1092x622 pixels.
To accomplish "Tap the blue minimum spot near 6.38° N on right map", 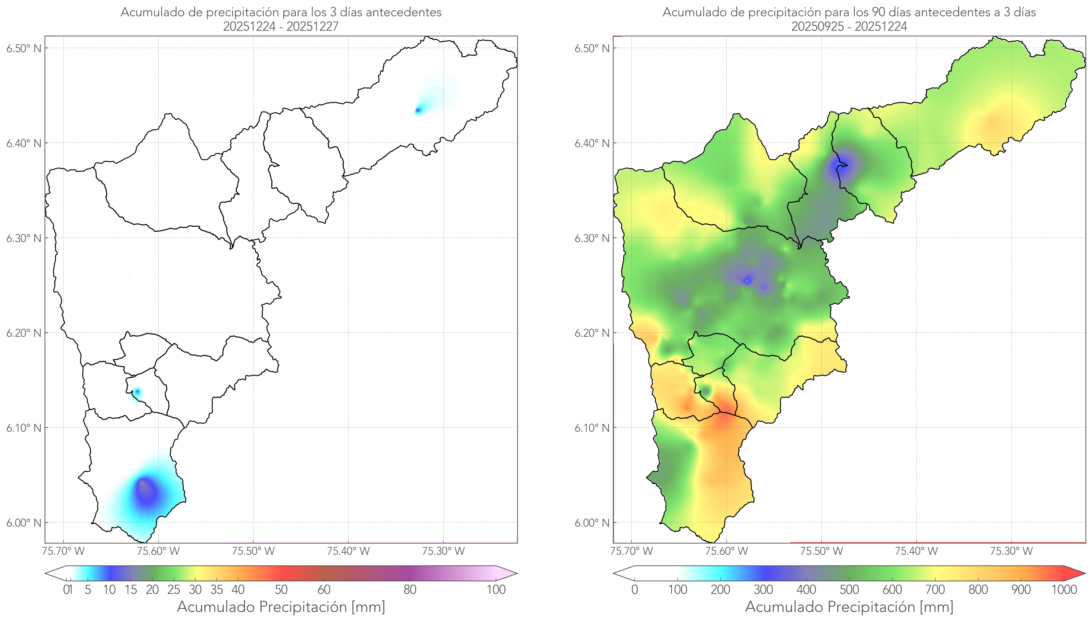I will tap(841, 165).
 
